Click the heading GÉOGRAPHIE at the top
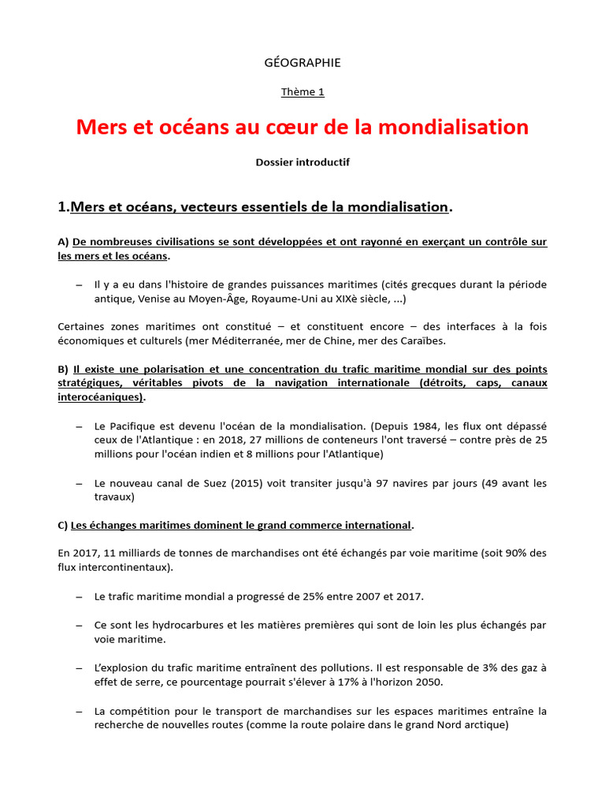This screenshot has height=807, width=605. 302,62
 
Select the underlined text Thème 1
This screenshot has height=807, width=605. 302,92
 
